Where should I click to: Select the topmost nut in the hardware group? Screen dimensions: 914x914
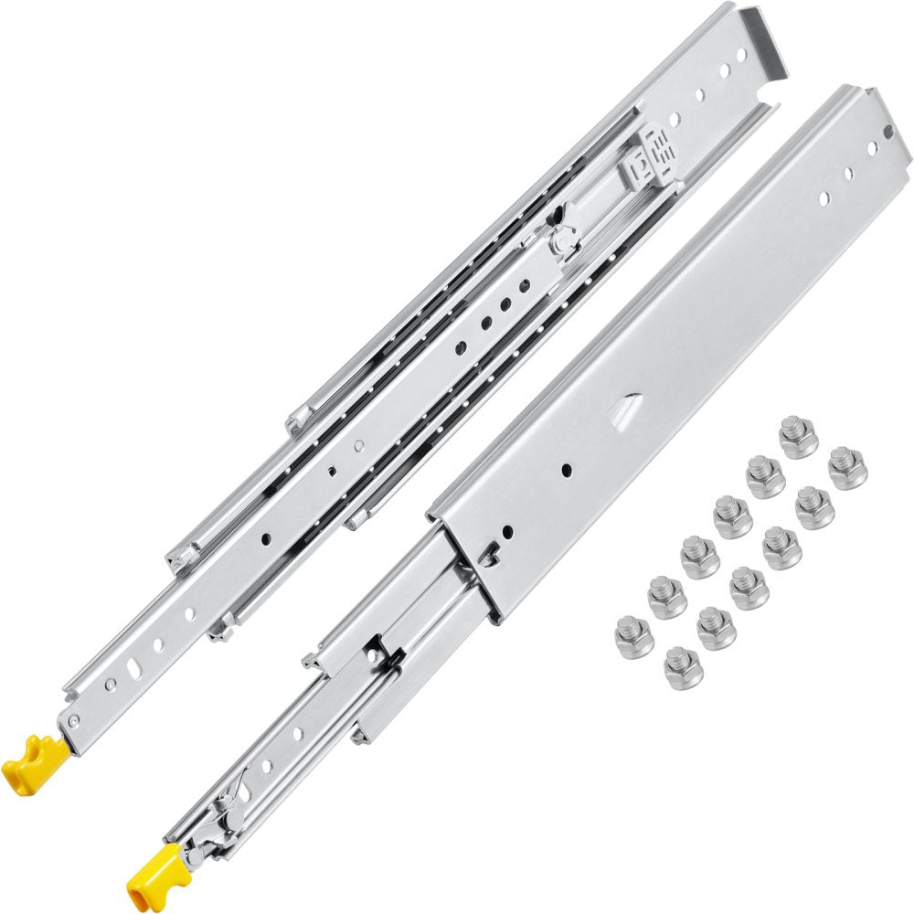[x=798, y=436]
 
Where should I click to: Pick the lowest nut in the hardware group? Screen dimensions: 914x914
[x=684, y=667]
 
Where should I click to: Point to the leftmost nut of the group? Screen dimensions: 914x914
[x=633, y=636]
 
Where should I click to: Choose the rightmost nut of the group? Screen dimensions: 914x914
[x=847, y=467]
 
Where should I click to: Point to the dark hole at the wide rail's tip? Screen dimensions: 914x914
[x=887, y=133]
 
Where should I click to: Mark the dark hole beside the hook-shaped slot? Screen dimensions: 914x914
[x=507, y=530]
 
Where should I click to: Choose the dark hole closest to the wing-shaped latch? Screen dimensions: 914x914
[x=526, y=286]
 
